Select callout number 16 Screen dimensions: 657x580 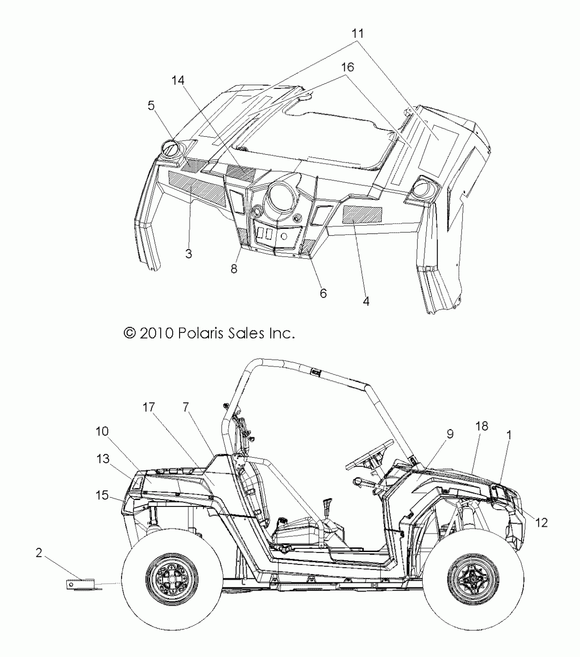[347, 67]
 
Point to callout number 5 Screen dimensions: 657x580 [151, 106]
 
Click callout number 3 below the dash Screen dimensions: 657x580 [189, 253]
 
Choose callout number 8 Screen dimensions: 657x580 [234, 269]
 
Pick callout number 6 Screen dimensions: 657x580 [323, 293]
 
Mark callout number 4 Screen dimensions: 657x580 [366, 301]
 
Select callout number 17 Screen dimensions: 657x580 [149, 407]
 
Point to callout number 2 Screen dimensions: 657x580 [39, 553]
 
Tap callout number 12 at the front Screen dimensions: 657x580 [542, 522]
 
